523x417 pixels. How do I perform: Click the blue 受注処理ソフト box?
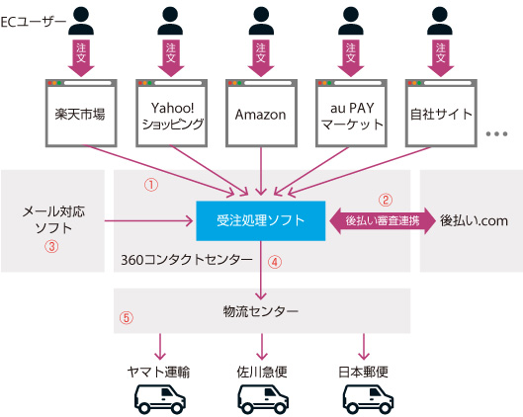point(260,220)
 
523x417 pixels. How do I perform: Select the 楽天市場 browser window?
point(81,113)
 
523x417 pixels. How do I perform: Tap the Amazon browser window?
point(261,113)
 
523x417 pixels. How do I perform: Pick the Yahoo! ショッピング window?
point(171,113)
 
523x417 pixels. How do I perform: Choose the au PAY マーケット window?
point(351,113)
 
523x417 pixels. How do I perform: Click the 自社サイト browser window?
point(441,113)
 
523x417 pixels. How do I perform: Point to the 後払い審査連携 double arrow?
point(383,220)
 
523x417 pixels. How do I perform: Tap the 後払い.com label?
point(474,220)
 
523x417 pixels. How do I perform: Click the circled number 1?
point(151,185)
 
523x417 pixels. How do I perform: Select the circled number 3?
point(51,247)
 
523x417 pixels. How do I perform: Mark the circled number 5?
point(127,317)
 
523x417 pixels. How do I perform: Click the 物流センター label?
point(260,311)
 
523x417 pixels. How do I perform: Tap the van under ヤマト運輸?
point(160,399)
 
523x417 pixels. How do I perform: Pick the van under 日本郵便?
point(368,399)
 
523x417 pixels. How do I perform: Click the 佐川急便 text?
point(262,372)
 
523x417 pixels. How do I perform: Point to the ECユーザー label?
point(34,23)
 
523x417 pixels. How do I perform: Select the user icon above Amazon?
point(261,21)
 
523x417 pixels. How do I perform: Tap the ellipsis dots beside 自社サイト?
point(496,134)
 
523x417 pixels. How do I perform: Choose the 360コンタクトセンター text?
point(187,260)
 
